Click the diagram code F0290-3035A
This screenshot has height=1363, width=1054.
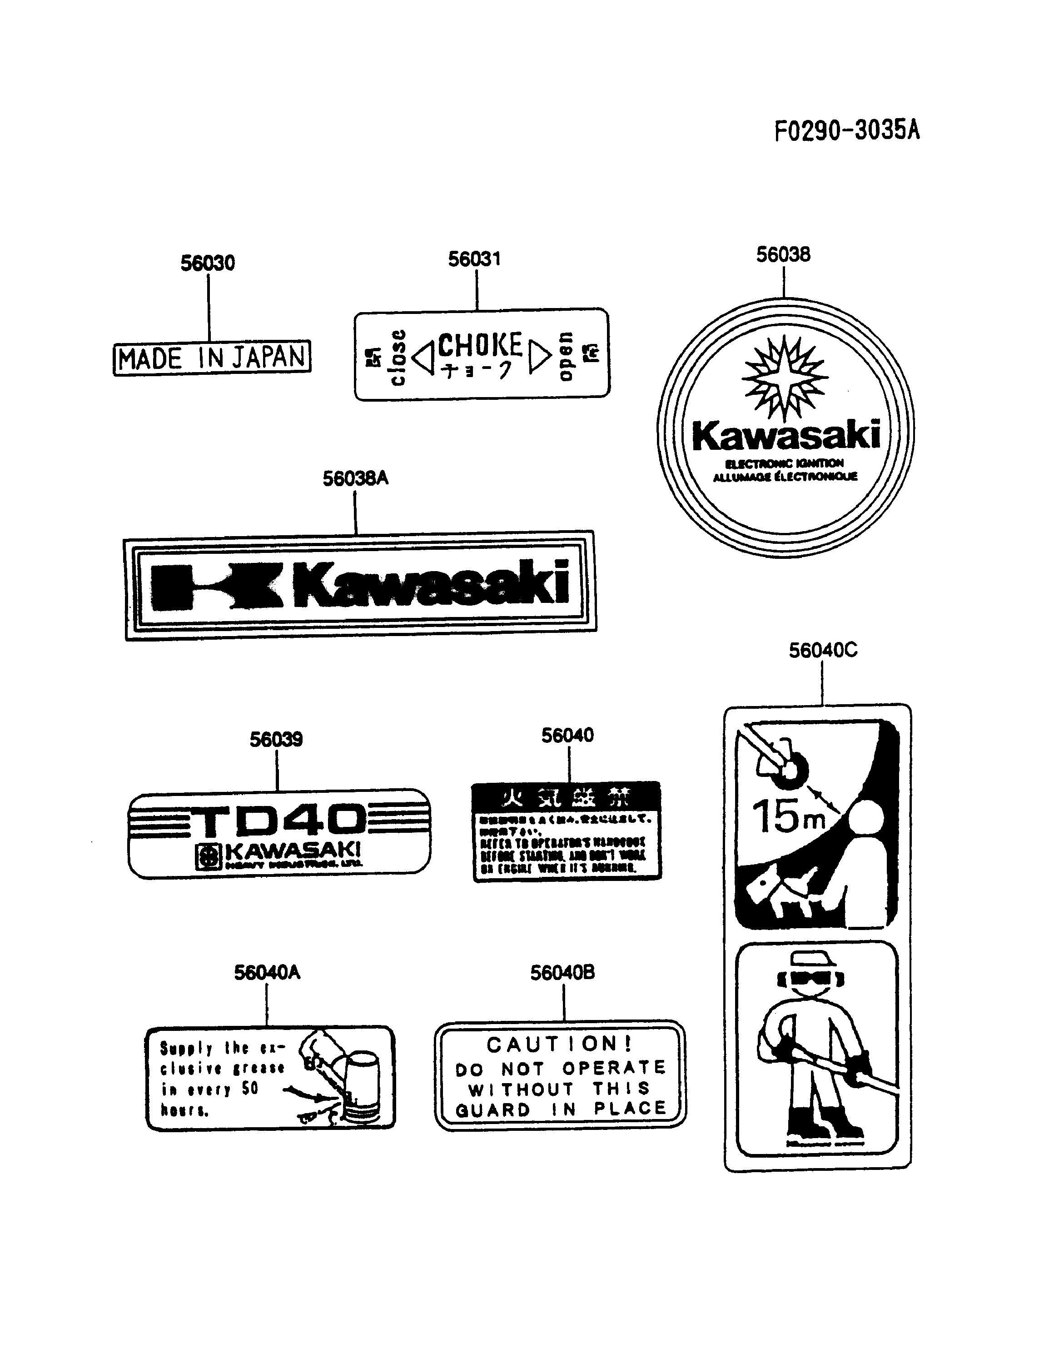coord(847,130)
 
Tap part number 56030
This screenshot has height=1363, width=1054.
coord(208,264)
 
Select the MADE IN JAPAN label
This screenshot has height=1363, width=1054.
coord(212,358)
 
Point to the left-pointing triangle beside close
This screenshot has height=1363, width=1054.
coord(424,358)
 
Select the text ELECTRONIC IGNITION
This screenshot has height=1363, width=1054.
coord(785,463)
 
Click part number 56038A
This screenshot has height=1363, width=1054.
coord(355,479)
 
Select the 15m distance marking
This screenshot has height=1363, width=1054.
coord(787,817)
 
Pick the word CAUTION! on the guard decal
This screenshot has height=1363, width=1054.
coord(559,1044)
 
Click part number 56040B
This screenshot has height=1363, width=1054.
coord(562,973)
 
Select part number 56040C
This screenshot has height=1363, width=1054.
coord(822,651)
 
